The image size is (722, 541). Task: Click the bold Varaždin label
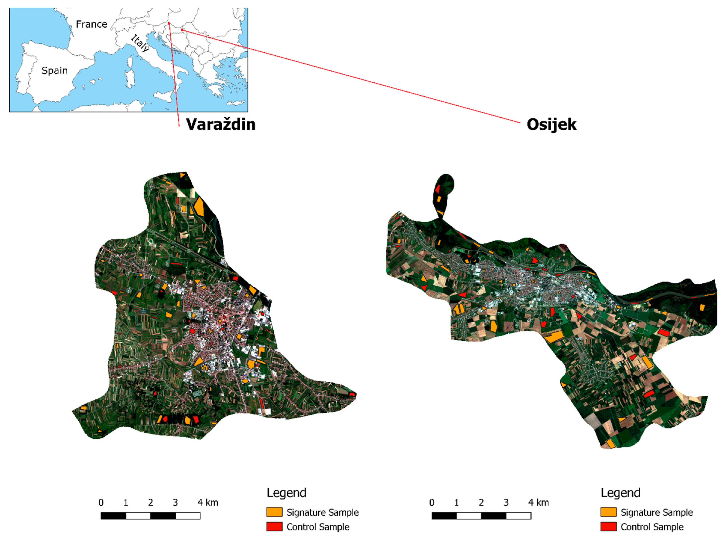pos(221,124)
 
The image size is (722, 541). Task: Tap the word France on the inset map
pos(91,24)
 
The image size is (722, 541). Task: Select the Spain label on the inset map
pos(54,70)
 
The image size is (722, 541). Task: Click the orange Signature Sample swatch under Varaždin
pos(274,512)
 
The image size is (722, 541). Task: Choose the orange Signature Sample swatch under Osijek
pos(608,512)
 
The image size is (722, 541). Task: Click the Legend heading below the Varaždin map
pos(286,493)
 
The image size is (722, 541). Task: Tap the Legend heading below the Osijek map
pos(620,493)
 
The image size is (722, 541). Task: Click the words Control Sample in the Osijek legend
pos(652,527)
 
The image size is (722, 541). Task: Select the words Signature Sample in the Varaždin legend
pos(322,512)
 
